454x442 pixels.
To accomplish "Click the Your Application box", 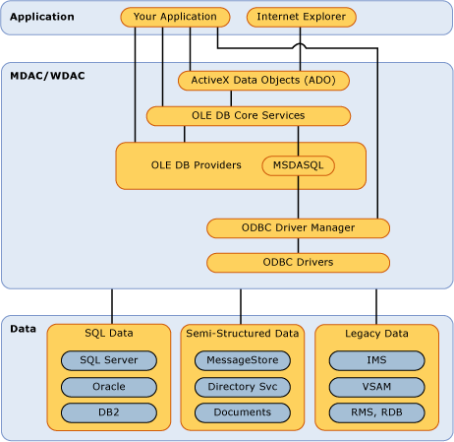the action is pos(175,17).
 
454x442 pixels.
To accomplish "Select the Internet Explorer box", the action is pos(302,17).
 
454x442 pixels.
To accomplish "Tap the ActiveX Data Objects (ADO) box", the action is pos(263,81).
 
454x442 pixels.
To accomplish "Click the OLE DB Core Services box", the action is pos(249,116).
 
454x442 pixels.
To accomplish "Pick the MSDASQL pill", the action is pos(298,165).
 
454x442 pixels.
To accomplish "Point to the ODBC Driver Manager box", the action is pos(298,228).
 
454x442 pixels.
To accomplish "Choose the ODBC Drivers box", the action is pos(298,263).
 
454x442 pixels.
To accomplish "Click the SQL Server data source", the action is pos(109,360).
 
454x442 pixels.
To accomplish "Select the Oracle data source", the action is pos(109,387).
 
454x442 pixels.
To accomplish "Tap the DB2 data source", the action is pos(109,412).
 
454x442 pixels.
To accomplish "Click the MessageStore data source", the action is pos(243,360).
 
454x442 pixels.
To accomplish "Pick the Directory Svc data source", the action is pos(243,387).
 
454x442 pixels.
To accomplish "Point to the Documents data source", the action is pos(243,412).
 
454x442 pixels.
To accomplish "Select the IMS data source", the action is pos(376,360).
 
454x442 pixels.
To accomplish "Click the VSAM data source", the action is pos(376,387).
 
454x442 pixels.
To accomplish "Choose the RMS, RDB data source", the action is pos(376,412).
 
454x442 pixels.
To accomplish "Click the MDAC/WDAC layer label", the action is pos(47,76).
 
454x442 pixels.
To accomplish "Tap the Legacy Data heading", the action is pos(376,334).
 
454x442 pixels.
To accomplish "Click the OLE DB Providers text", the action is pos(196,165).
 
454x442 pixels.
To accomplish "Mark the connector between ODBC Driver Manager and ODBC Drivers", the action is pos(298,245).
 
